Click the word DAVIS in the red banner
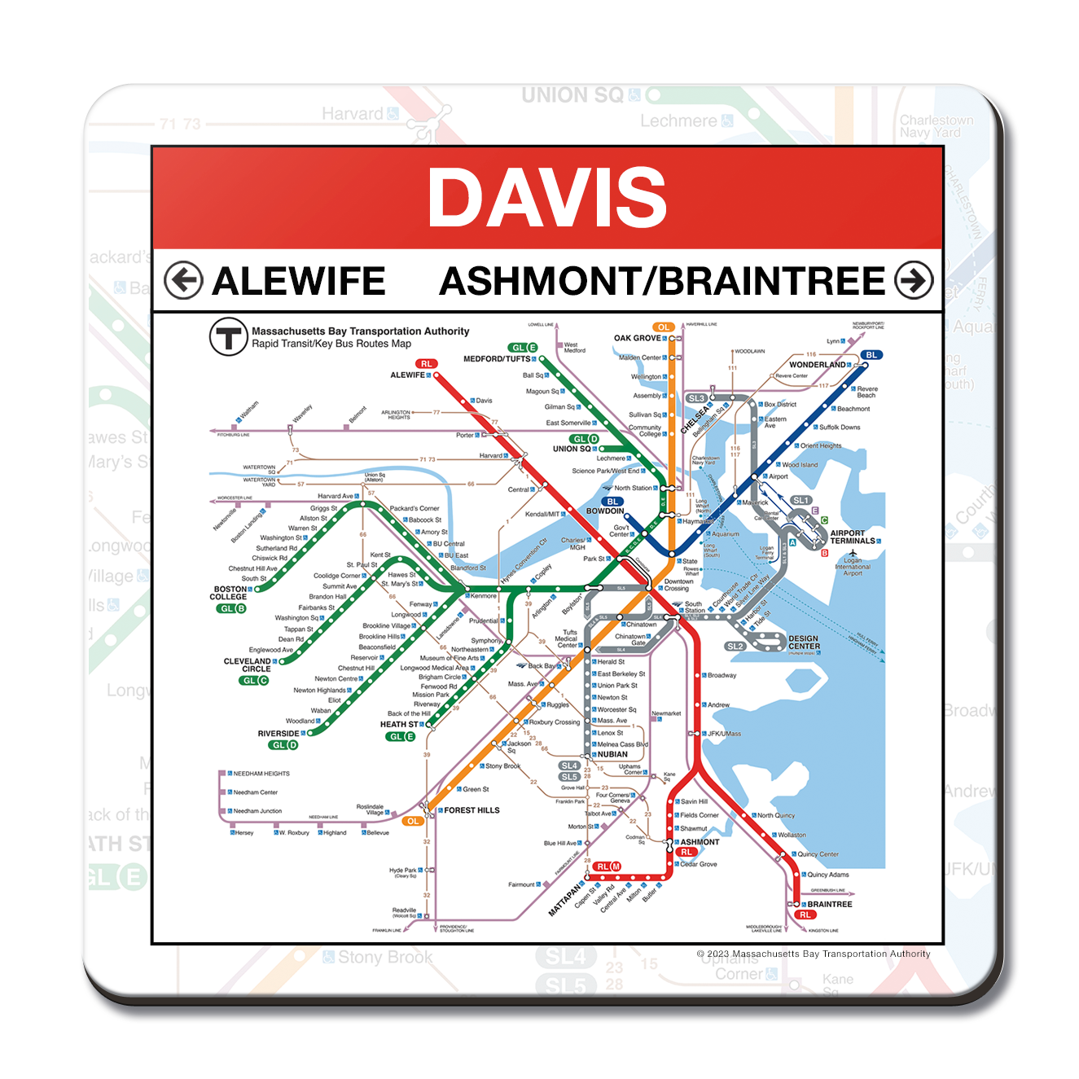547,197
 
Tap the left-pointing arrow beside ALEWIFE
183,281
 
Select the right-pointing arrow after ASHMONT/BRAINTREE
914,281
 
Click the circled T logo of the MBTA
228,336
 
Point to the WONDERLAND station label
817,365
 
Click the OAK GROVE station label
638,338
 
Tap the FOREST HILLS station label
472,810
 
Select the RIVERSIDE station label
279,734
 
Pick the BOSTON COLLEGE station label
230,593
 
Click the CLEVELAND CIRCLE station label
248,665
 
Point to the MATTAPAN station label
566,898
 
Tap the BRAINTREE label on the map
829,904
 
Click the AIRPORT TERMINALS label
853,537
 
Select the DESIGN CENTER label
804,643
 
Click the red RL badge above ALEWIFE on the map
426,364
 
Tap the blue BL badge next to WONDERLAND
871,355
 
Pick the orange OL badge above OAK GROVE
664,327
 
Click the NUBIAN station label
612,754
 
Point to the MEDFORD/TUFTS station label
497,358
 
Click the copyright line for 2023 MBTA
813,954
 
